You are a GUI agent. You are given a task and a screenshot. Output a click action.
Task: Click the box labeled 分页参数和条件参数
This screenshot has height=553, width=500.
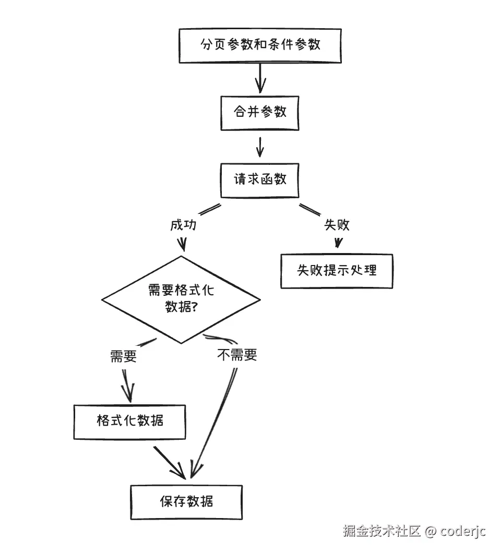[260, 45]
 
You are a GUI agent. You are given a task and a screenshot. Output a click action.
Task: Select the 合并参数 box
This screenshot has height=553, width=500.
[260, 113]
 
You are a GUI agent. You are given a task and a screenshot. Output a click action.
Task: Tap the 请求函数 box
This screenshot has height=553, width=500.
[260, 179]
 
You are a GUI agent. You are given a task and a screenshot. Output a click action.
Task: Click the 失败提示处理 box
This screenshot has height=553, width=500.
[337, 271]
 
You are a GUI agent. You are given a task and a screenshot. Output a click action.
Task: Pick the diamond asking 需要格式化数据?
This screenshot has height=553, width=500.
[181, 299]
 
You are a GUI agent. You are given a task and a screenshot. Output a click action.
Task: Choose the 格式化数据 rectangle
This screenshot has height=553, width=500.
[130, 421]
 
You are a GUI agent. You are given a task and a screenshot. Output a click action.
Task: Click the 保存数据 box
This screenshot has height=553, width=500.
[186, 502]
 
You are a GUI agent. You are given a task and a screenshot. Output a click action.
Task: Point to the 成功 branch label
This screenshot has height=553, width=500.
[183, 225]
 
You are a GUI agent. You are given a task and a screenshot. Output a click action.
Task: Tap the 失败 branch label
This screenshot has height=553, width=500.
[337, 225]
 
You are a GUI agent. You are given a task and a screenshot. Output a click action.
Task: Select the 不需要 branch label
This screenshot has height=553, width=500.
[237, 356]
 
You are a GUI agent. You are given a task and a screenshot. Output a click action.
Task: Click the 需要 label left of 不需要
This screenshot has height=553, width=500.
[124, 356]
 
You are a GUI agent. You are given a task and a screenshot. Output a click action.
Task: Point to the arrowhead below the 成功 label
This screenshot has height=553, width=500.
[182, 244]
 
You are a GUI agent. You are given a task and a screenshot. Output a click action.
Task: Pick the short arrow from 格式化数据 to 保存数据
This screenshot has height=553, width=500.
[170, 462]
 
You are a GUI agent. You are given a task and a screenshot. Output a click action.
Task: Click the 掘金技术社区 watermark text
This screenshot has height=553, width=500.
[382, 531]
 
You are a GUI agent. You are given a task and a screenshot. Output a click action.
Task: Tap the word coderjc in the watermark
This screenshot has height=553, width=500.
[463, 531]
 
